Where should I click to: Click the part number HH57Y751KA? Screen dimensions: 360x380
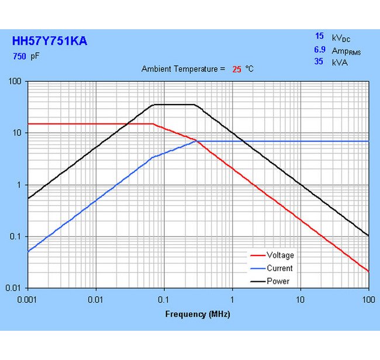(x=50, y=41)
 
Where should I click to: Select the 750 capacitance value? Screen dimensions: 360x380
(x=19, y=57)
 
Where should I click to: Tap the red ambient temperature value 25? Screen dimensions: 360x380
(x=237, y=69)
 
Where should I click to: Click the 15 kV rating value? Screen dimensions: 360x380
(x=319, y=36)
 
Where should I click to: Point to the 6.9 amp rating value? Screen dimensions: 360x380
(x=319, y=50)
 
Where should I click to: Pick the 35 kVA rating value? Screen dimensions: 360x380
(x=319, y=61)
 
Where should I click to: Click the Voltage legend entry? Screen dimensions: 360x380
(x=280, y=255)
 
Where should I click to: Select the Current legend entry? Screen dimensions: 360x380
(x=279, y=268)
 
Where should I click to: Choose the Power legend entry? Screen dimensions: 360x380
(x=278, y=281)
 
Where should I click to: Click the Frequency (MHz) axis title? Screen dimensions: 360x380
(x=198, y=314)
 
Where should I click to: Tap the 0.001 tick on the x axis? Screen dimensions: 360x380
(x=28, y=299)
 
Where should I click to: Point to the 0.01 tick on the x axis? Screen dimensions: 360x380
(x=96, y=299)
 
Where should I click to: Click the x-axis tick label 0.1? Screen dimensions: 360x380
(x=164, y=299)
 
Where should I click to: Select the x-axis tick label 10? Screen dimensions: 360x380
(x=300, y=299)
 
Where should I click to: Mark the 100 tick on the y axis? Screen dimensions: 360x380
(x=16, y=81)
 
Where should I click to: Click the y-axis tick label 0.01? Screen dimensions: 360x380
(x=15, y=288)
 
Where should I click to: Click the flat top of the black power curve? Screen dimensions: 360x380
(x=174, y=105)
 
